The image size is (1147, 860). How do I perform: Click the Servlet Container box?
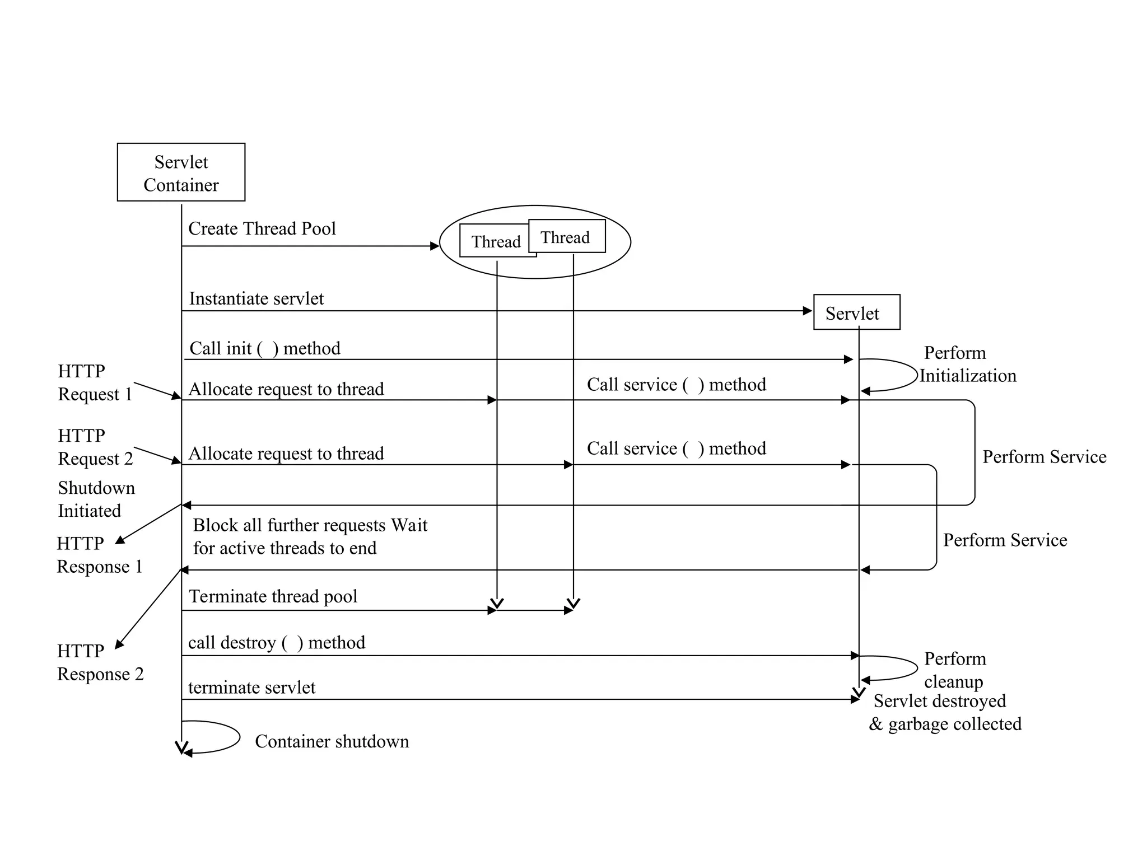(181, 172)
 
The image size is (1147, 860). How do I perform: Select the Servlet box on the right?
(856, 312)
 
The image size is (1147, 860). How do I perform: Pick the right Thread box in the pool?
(566, 237)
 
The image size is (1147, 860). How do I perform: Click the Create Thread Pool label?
(262, 228)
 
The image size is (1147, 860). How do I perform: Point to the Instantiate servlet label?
(256, 298)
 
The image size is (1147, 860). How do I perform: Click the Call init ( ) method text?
(264, 348)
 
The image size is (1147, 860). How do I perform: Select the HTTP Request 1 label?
(95, 382)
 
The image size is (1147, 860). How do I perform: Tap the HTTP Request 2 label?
(95, 447)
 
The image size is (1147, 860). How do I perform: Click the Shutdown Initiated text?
(96, 499)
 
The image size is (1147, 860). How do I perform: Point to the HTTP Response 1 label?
(99, 555)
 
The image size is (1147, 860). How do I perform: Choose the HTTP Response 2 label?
(100, 662)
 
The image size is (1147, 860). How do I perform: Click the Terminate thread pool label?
(273, 596)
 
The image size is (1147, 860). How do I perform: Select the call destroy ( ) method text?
(276, 642)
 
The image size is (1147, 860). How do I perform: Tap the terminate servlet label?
(251, 687)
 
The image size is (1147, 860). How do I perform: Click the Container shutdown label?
(332, 741)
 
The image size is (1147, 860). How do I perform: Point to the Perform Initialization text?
(967, 364)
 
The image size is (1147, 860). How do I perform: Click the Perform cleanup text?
(954, 670)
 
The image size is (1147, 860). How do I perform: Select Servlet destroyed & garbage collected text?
(944, 712)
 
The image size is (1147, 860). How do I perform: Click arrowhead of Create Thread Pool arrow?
(435, 246)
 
